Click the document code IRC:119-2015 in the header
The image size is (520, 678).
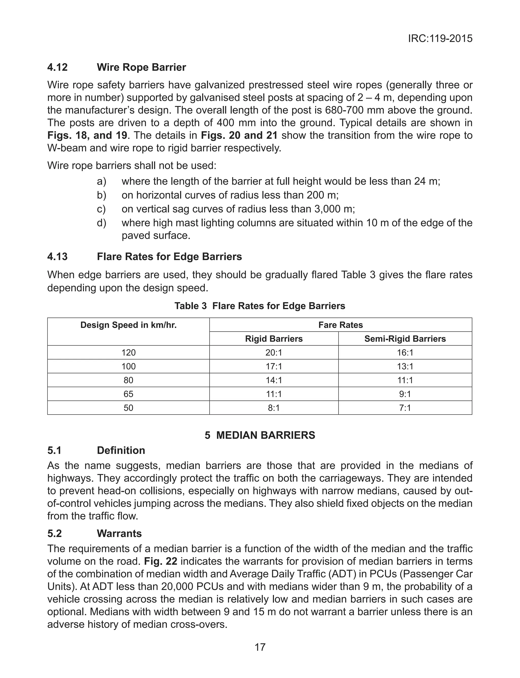(440, 39)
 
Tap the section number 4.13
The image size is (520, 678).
(57, 257)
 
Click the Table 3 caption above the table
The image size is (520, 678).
(260, 306)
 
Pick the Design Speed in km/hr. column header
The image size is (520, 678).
(128, 325)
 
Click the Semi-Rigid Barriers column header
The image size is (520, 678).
(405, 339)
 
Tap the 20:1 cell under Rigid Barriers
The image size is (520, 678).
(274, 353)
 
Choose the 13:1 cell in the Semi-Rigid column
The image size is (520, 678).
(405, 367)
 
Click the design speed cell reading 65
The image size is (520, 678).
(128, 394)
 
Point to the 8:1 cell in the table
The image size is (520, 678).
(274, 408)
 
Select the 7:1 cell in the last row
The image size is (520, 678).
(405, 408)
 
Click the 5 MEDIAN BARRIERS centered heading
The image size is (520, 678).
(260, 435)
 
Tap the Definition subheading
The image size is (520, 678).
(121, 450)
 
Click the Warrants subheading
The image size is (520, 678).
(119, 533)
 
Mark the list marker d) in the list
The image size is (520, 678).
(101, 223)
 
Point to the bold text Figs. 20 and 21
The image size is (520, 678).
(239, 135)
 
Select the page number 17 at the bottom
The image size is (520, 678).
(260, 647)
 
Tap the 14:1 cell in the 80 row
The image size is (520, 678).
(274, 380)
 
